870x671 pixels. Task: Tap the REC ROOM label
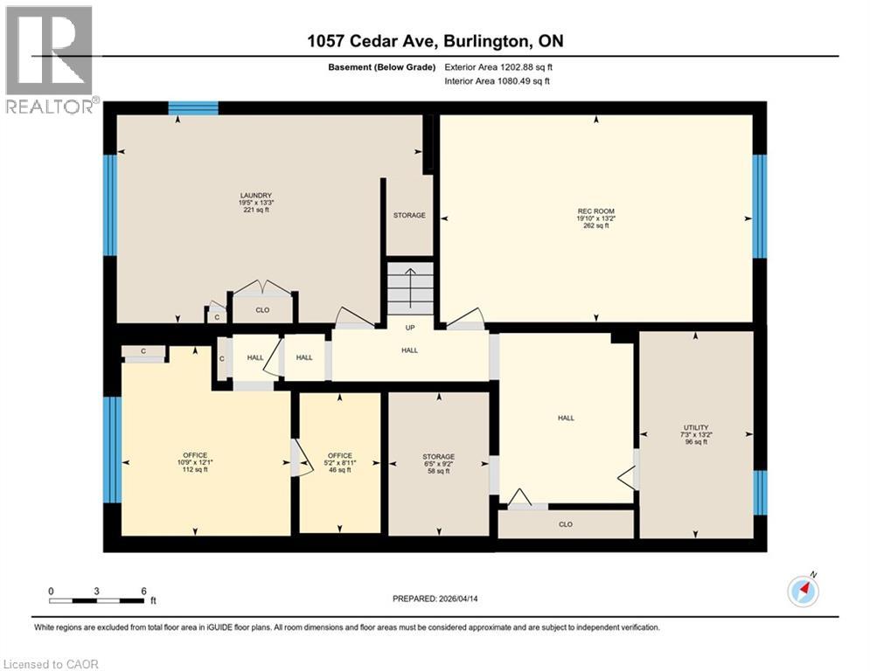pos(595,218)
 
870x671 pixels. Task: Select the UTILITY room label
pos(696,434)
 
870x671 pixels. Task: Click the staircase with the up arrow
pos(410,289)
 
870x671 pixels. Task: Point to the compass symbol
pos(802,591)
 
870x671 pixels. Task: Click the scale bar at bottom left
pos(98,599)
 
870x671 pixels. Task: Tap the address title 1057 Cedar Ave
pos(435,42)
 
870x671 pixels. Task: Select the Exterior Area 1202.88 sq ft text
pos(498,66)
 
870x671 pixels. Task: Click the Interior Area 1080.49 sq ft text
pos(497,81)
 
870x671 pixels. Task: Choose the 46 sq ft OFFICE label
pos(339,462)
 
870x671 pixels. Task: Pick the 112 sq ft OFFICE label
pos(195,462)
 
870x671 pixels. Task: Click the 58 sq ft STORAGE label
pos(438,463)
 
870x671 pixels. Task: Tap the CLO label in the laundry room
pos(262,308)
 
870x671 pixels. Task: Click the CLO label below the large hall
pos(566,524)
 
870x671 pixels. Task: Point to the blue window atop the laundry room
pos(192,108)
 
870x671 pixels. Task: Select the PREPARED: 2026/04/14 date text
pos(435,598)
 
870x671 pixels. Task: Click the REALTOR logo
pos(51,59)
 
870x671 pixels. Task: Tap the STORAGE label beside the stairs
pos(409,215)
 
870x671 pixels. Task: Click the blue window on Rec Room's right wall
pos(760,206)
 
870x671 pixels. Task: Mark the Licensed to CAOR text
pos(52,664)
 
